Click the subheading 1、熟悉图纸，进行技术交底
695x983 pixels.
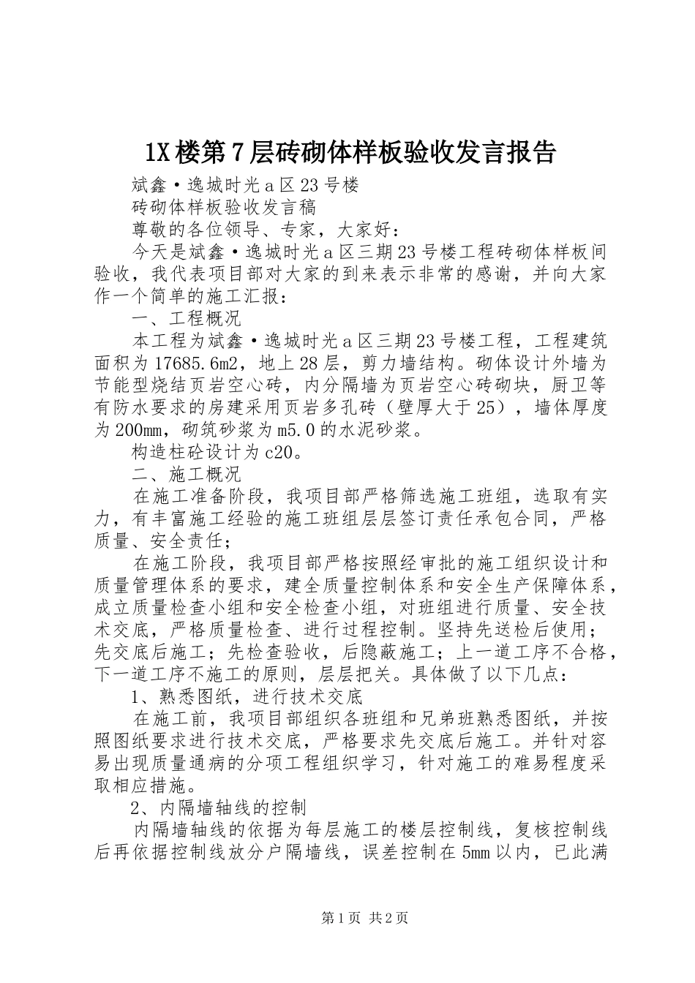pyautogui.click(x=247, y=696)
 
